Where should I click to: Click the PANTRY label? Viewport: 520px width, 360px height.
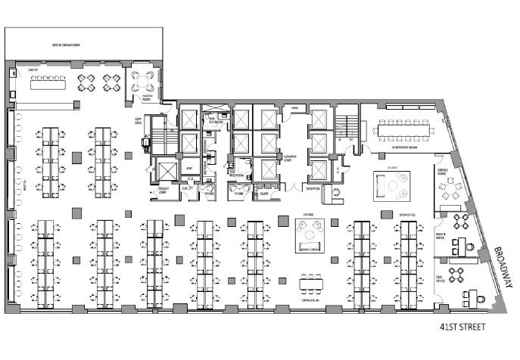(x=32, y=70)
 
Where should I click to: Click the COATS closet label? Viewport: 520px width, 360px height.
(x=264, y=193)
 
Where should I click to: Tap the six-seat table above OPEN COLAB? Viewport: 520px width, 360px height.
(x=311, y=284)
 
